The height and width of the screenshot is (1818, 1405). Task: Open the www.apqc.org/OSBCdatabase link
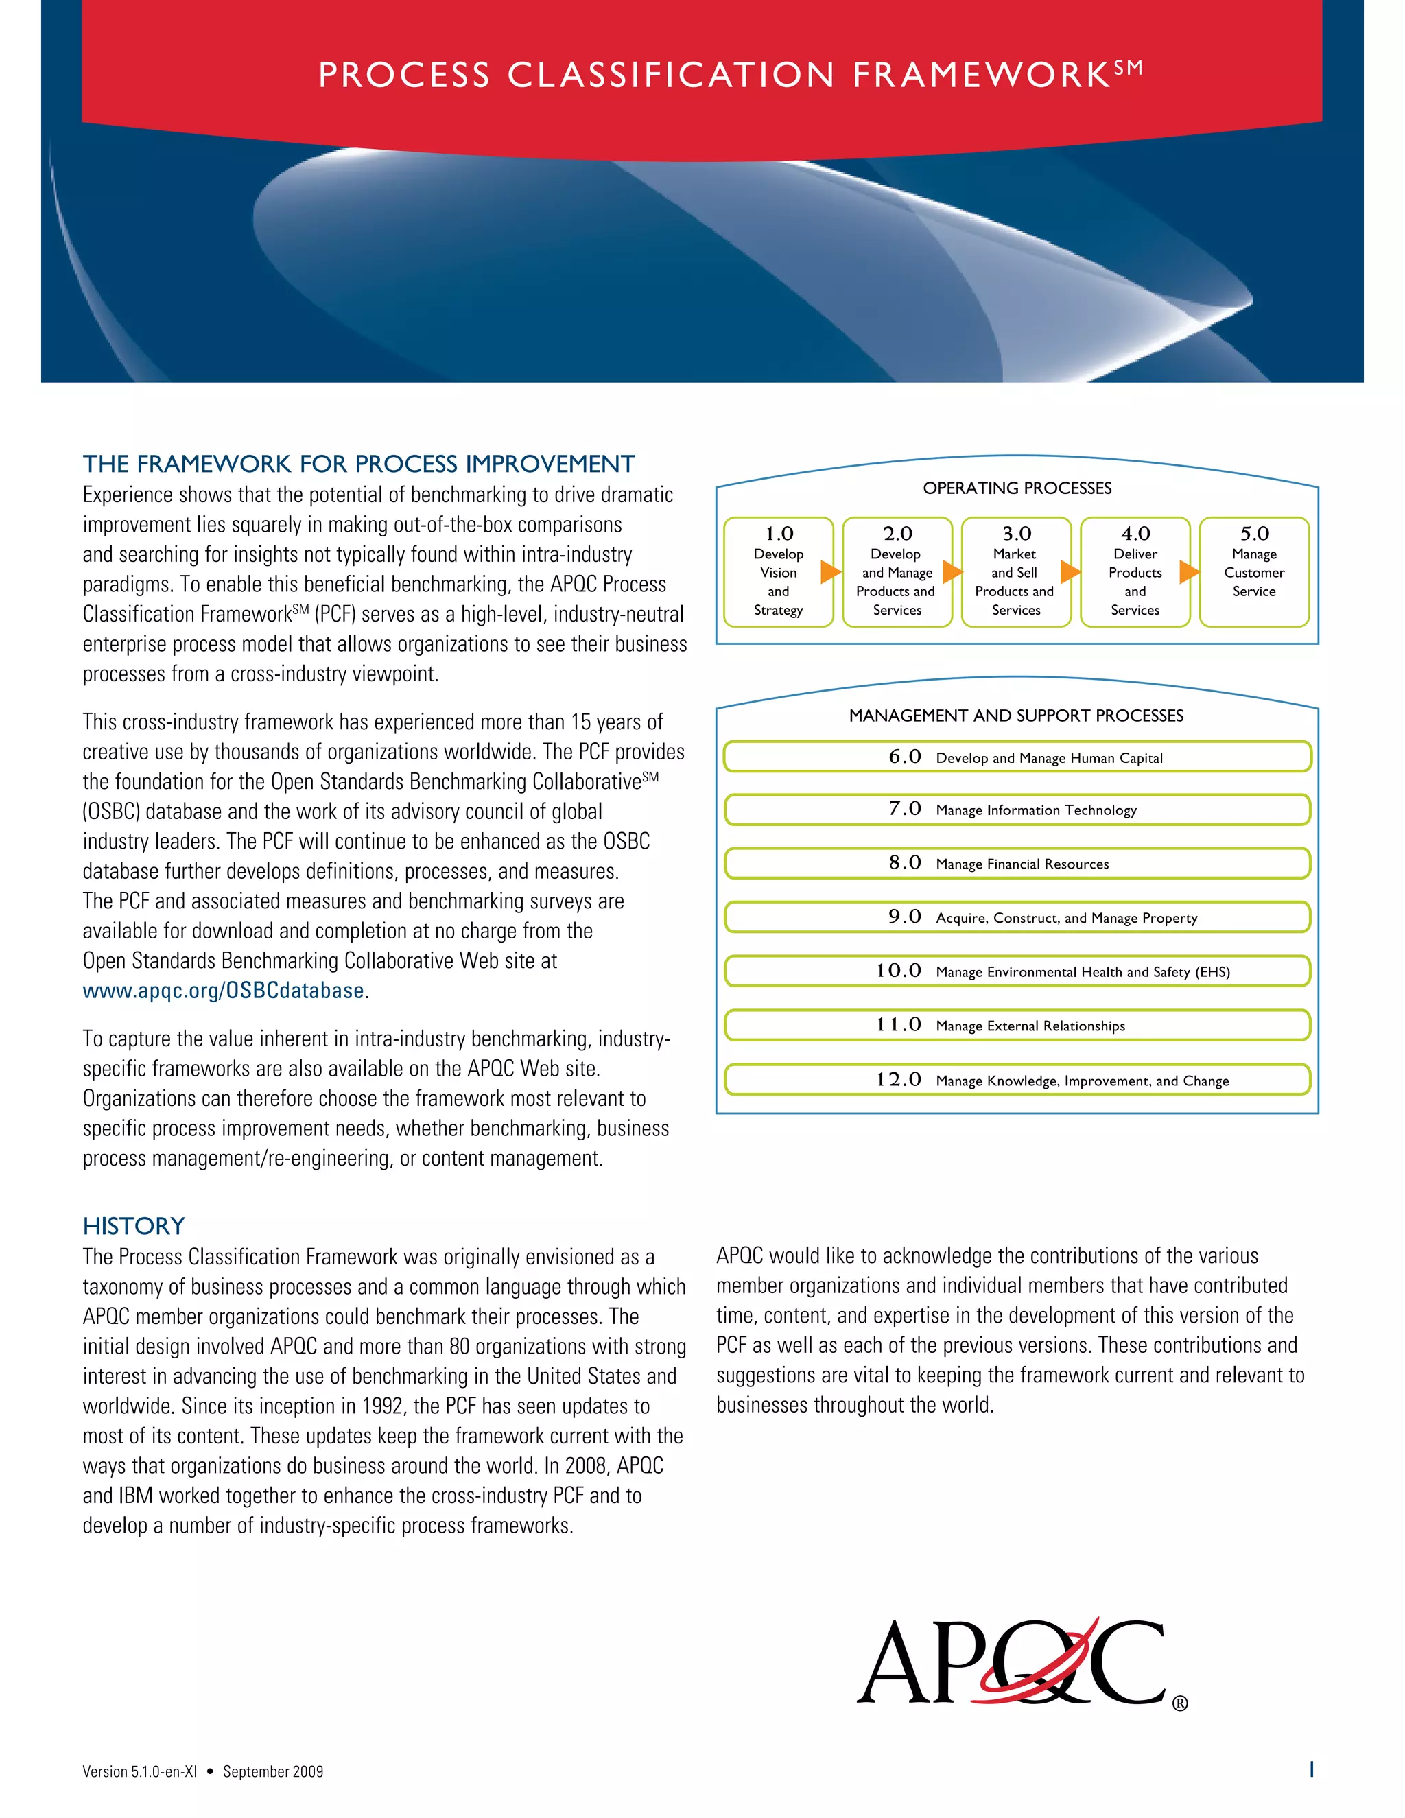point(223,991)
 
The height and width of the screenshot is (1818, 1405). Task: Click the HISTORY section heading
point(133,1226)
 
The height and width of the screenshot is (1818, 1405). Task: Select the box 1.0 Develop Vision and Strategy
point(777,573)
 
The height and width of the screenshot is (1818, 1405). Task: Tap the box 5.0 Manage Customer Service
point(1253,573)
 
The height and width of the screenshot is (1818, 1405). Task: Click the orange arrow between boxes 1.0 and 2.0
point(830,572)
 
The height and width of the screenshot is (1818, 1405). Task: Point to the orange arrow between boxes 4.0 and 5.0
point(1189,572)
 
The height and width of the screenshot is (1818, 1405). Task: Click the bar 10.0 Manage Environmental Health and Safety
point(1017,971)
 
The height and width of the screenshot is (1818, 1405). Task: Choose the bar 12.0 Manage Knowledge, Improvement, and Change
point(1017,1081)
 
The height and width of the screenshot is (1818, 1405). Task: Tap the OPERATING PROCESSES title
point(1017,488)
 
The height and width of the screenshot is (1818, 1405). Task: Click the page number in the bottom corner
point(1312,1770)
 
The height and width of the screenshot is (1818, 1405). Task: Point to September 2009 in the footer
point(273,1771)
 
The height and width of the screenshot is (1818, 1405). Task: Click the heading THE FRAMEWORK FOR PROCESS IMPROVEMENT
point(358,464)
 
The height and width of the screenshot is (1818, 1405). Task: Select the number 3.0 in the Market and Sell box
point(1016,534)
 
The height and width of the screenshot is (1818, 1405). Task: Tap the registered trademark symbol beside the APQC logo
point(1179,1704)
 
